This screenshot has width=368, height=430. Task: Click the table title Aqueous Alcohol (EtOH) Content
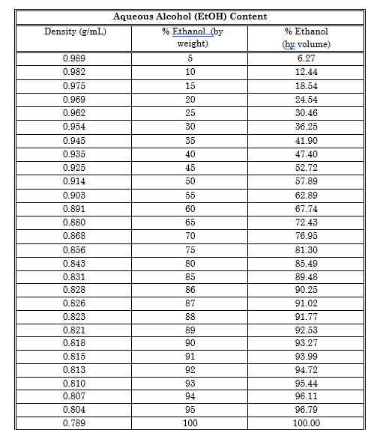(x=190, y=16)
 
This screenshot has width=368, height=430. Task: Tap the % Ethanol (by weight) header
(x=190, y=37)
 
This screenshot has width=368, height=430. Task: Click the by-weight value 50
(x=190, y=182)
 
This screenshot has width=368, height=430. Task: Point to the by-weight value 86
(x=190, y=289)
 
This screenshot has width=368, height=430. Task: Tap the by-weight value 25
(x=190, y=113)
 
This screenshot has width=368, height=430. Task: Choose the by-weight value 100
(x=190, y=423)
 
